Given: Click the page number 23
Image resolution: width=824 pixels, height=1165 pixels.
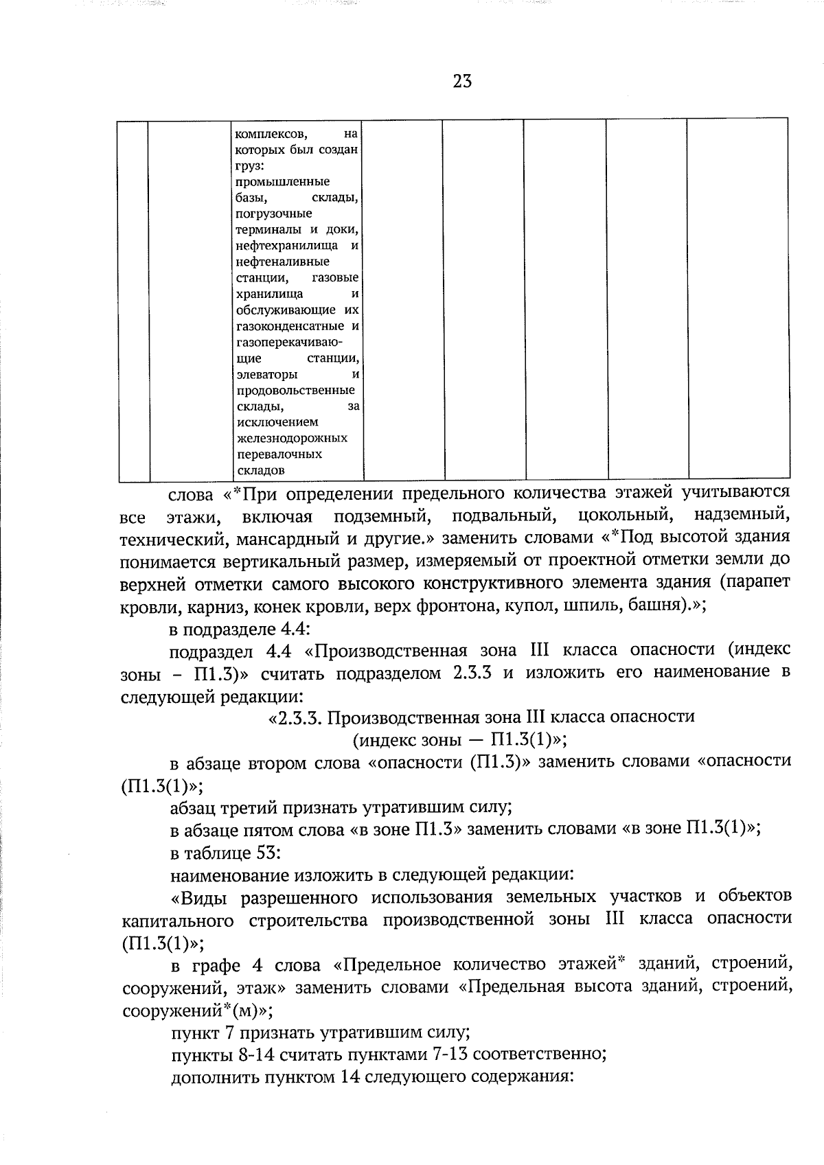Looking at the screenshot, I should pyautogui.click(x=462, y=82).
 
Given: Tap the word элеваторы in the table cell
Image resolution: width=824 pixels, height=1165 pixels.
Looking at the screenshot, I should pyautogui.click(x=266, y=375).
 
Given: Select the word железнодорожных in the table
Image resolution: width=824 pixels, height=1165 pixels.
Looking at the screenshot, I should pyautogui.click(x=291, y=438).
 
